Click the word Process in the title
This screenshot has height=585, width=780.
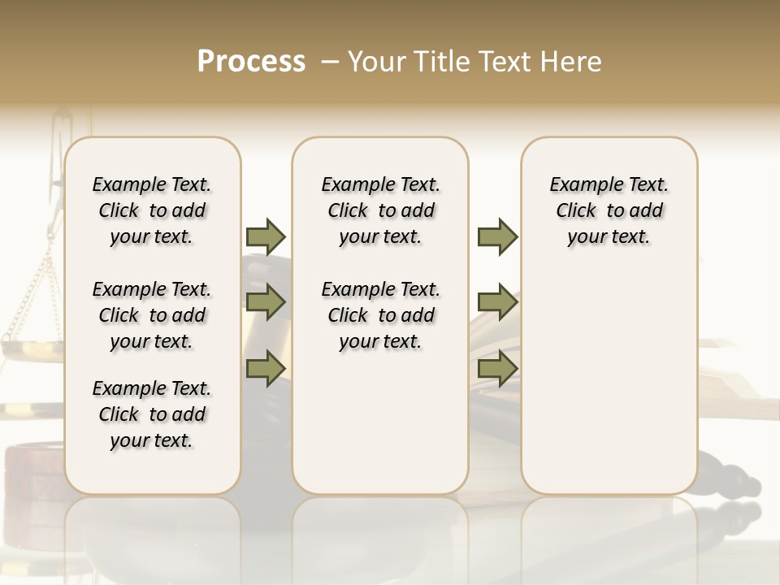click(251, 62)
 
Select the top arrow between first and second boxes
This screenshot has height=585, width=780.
click(266, 237)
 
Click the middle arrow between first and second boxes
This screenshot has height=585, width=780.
click(266, 303)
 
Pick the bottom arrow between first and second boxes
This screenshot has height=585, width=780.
click(266, 368)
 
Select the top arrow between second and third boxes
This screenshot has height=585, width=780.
click(497, 237)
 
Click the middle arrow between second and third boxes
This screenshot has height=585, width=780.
click(497, 303)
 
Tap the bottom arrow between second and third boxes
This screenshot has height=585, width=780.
click(497, 368)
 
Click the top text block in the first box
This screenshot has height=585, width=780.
click(152, 210)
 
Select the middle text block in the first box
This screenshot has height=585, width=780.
click(152, 315)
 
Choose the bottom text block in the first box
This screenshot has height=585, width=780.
click(152, 414)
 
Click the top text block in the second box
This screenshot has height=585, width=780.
click(380, 210)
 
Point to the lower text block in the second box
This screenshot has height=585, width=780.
click(380, 315)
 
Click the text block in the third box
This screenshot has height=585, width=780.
click(609, 210)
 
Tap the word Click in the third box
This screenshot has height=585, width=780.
click(576, 211)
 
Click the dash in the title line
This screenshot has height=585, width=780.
click(330, 62)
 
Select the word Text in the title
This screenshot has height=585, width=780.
click(505, 62)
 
